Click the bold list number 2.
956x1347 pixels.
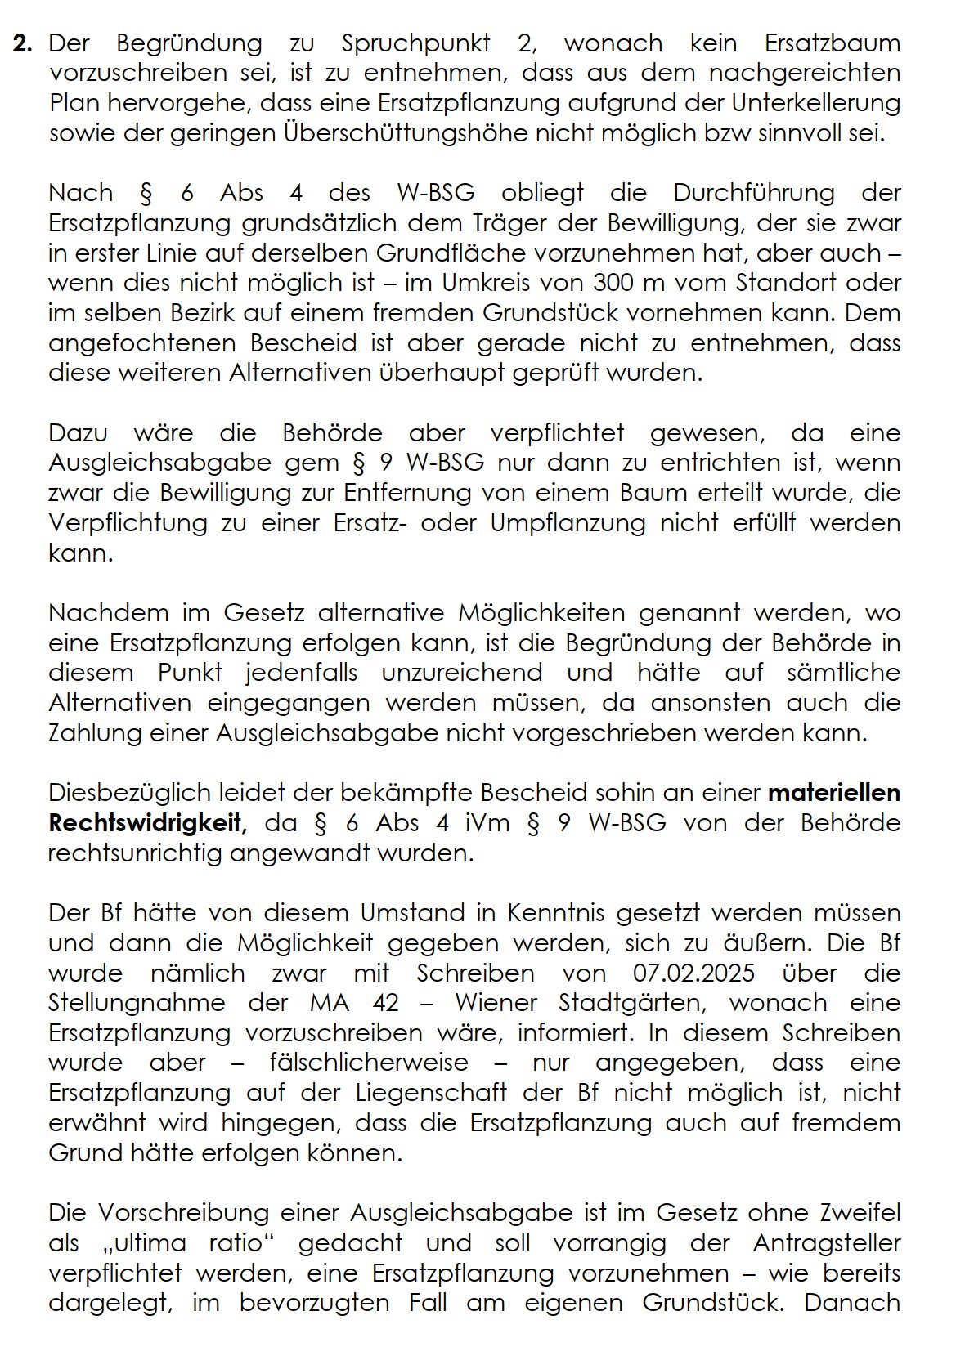click(22, 43)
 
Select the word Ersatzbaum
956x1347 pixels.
click(832, 43)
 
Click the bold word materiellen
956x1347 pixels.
click(833, 793)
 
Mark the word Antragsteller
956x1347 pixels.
click(826, 1243)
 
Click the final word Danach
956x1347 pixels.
click(852, 1303)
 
